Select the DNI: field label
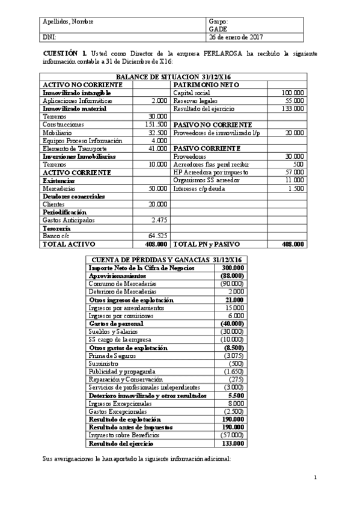click(49, 37)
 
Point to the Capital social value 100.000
click(293, 93)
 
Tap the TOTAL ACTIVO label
click(66, 245)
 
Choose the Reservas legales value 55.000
click(294, 101)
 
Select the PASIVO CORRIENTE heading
click(207, 148)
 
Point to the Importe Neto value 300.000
click(233, 267)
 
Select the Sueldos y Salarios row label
click(113, 331)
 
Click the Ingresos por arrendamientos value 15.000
click(234, 307)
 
